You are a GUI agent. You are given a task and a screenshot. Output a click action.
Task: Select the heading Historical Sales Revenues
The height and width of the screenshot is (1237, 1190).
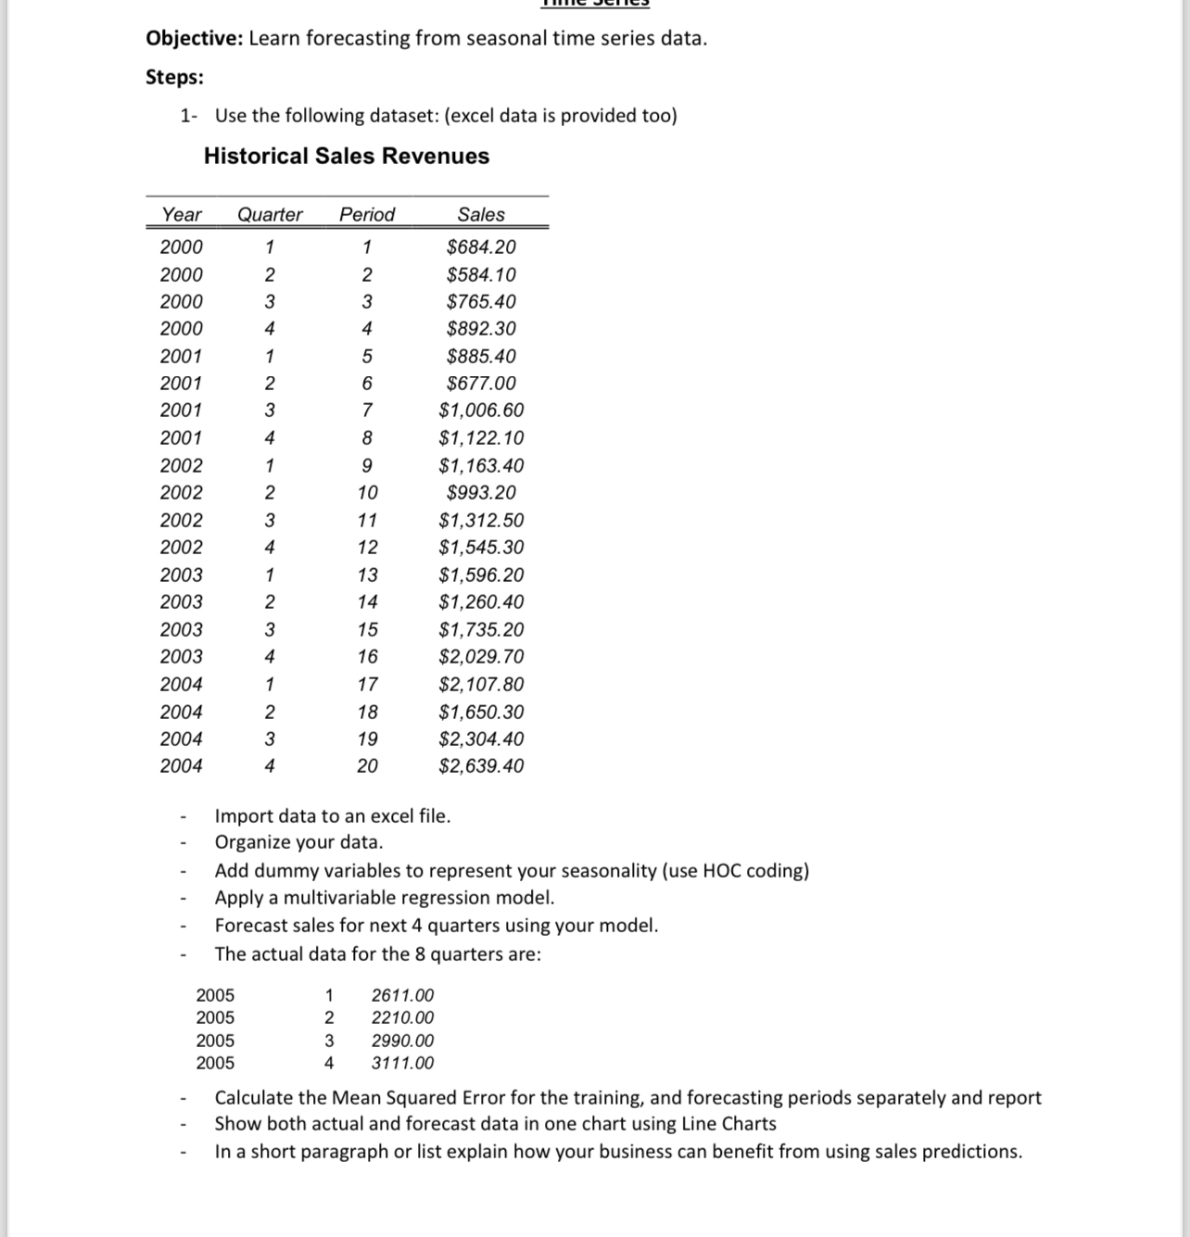pyautogui.click(x=347, y=156)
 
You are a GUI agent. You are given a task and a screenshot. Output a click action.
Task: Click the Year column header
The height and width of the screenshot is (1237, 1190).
pyautogui.click(x=182, y=214)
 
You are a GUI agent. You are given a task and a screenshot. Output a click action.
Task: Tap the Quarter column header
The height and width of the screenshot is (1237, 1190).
pyautogui.click(x=270, y=214)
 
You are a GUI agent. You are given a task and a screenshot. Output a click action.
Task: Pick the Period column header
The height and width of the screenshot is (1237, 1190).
pyautogui.click(x=367, y=214)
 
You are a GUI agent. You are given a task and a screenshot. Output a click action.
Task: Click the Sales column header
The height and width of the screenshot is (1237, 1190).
pyautogui.click(x=481, y=214)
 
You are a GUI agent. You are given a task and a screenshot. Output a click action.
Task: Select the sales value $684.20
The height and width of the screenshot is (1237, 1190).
pyautogui.click(x=481, y=247)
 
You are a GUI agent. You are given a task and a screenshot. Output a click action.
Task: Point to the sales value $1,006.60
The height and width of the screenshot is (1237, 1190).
pyautogui.click(x=481, y=410)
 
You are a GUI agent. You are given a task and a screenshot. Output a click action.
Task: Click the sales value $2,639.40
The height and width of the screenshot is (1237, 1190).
pyautogui.click(x=481, y=766)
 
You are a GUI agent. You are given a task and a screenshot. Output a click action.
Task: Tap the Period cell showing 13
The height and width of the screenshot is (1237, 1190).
pyautogui.click(x=368, y=574)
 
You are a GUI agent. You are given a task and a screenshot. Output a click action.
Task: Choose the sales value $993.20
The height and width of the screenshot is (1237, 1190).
pyautogui.click(x=481, y=493)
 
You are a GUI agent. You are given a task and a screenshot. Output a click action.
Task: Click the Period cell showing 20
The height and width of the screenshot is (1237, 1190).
pyautogui.click(x=368, y=766)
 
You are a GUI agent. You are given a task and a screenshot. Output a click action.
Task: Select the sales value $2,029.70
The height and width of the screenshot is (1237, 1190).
pyautogui.click(x=481, y=657)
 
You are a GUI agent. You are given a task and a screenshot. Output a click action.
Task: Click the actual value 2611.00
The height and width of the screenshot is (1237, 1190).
pyautogui.click(x=402, y=996)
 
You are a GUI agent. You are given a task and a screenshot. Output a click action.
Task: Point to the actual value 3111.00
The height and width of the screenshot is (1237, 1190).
pyautogui.click(x=402, y=1064)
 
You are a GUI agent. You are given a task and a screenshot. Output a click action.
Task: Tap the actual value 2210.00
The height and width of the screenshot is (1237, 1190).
pyautogui.click(x=402, y=1017)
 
